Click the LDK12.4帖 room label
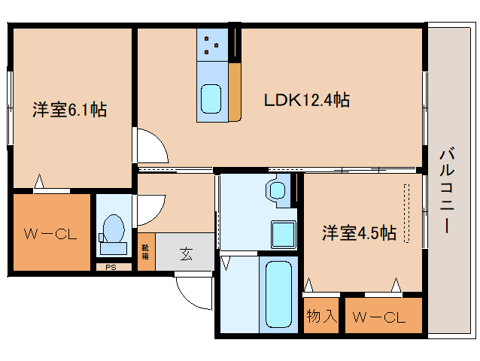[x=305, y=99]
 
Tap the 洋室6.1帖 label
[x=68, y=111]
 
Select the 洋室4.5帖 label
[x=360, y=232]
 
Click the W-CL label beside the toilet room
[x=50, y=234]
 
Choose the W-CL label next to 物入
[x=383, y=317]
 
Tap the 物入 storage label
[x=322, y=317]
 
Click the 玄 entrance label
[x=185, y=254]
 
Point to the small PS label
[x=110, y=266]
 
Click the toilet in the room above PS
[x=114, y=229]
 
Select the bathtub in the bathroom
[x=278, y=293]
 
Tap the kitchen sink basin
[x=211, y=99]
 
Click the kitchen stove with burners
[x=211, y=45]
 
